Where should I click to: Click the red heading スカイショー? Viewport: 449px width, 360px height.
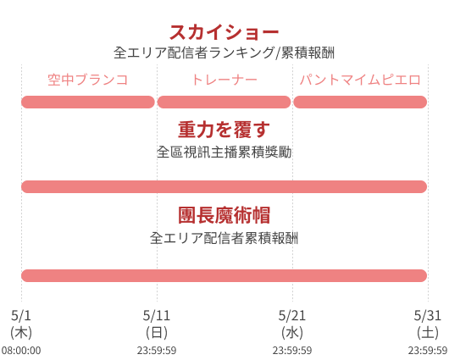point(224,32)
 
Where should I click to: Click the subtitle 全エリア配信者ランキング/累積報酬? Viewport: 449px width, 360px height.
point(224,53)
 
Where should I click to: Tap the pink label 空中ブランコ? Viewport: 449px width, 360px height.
point(87,80)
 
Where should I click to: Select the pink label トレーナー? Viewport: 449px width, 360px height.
point(224,80)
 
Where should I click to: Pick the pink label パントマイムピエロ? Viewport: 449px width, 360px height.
point(360,80)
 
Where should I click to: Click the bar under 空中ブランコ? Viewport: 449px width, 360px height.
point(88,102)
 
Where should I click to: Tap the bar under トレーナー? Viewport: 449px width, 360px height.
point(224,102)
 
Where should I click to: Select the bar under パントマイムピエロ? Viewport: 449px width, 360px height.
point(360,102)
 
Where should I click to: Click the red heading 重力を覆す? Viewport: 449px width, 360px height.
point(224,130)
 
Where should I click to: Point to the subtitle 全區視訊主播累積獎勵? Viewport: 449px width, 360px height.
point(224,152)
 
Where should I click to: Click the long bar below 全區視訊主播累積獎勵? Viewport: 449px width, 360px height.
point(224,186)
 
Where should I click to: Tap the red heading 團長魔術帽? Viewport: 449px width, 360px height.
point(224,215)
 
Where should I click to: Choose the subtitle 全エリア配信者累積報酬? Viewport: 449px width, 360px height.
point(224,238)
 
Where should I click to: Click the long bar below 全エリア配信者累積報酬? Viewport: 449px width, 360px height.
point(224,275)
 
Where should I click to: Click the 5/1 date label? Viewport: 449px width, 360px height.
point(21,316)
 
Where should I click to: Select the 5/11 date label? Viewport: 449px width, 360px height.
point(157,316)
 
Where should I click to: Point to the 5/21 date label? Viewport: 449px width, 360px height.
point(292,316)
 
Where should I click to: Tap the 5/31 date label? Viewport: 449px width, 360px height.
point(428,316)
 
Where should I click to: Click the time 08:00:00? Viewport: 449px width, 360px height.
point(21,351)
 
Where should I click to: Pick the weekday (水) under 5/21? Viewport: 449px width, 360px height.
point(292,333)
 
